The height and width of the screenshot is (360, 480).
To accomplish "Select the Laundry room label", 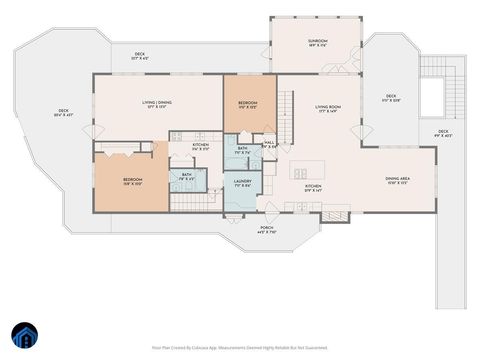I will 241,183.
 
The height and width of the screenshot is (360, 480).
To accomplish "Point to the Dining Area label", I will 398,181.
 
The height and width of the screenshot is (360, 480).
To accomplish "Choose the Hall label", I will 269,144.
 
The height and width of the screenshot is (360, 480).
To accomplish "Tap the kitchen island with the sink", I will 299,171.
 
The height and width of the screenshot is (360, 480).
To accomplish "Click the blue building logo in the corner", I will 22,335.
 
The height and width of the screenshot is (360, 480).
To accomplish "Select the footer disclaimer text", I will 239,347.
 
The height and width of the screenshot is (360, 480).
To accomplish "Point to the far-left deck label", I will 62,112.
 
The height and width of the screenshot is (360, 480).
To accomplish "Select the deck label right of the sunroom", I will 391,99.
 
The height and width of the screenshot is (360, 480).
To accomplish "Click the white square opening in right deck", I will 432,97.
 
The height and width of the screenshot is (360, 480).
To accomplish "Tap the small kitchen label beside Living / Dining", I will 200,147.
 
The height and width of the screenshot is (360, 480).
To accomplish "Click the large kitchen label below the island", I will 312,188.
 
